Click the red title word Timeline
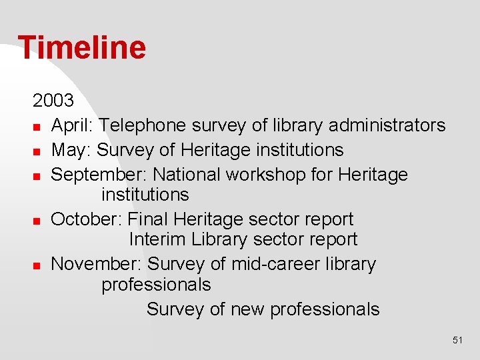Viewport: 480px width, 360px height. (81, 48)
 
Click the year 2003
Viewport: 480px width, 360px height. (53, 101)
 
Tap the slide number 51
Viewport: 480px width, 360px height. (457, 340)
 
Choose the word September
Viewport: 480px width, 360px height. (99, 175)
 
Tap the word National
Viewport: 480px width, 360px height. (187, 175)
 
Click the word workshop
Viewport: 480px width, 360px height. (269, 175)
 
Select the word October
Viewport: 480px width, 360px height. (87, 219)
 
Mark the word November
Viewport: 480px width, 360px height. (97, 264)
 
